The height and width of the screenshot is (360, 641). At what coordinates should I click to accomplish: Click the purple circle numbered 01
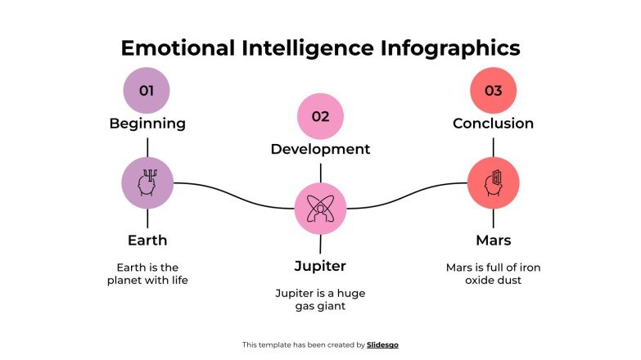tap(147, 91)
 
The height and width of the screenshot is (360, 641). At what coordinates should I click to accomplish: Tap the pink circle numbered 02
tap(320, 116)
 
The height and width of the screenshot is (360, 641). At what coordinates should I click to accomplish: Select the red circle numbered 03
tap(493, 91)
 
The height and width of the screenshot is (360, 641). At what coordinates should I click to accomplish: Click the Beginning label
tap(147, 124)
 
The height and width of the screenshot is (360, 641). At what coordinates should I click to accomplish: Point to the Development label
tap(320, 149)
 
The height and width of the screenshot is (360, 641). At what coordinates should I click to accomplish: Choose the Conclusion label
tap(493, 124)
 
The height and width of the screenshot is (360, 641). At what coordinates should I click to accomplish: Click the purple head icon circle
tap(147, 183)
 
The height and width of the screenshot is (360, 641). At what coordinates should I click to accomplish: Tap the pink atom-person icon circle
tap(320, 209)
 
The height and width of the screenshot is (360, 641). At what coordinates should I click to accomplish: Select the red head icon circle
tap(493, 183)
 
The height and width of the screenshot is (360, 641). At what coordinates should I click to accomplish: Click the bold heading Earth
tap(147, 241)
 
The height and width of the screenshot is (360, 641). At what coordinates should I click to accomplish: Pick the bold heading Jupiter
tap(320, 266)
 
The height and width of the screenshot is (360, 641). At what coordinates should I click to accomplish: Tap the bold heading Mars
tap(493, 241)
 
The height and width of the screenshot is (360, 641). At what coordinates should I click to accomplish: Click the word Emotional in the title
tap(178, 47)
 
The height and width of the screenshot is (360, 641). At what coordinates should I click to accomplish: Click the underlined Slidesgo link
tap(382, 345)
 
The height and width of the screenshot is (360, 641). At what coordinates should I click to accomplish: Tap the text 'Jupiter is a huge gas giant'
tap(320, 299)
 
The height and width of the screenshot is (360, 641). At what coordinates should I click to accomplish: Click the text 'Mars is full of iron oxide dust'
tap(493, 274)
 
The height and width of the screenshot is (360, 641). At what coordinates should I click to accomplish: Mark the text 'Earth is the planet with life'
tap(147, 274)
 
